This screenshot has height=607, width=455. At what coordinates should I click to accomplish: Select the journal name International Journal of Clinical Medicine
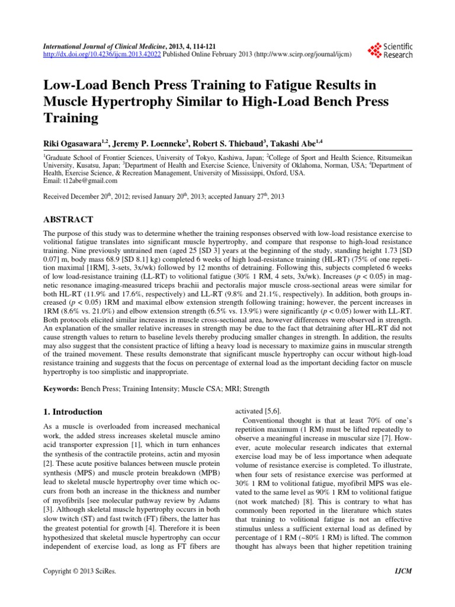pos(97,46)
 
